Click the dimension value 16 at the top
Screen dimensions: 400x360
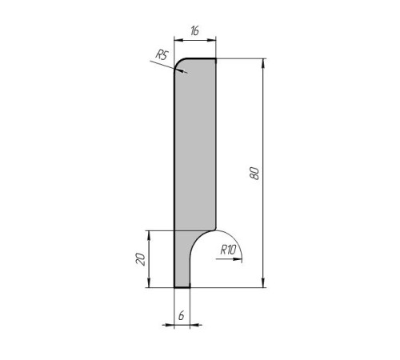194,31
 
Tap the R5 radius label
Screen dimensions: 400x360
162,54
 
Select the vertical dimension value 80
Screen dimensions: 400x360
254,174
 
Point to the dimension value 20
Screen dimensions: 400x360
141,259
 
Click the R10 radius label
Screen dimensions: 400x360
228,250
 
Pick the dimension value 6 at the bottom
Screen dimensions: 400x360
182,316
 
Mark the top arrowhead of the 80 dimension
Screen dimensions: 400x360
263,63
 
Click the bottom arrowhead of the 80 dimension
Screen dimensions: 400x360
263,282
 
